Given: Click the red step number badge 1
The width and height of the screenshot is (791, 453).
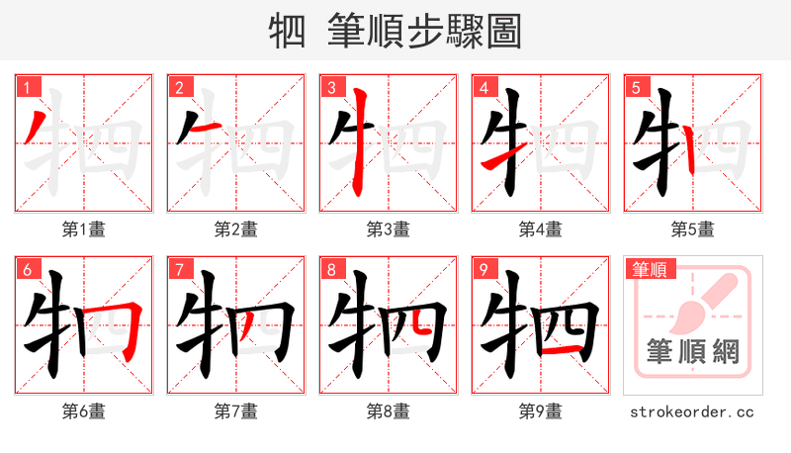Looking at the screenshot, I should (x=26, y=87).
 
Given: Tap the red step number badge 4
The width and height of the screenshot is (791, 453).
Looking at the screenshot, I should (x=483, y=87).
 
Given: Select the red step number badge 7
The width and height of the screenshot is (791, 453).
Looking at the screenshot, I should (x=178, y=269).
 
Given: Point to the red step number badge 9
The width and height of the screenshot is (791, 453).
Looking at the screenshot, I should (x=483, y=269).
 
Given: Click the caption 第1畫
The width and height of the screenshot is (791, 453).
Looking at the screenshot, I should (x=83, y=229).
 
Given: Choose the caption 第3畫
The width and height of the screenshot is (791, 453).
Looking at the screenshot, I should (x=388, y=229).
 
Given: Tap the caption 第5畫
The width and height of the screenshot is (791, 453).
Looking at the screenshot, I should (x=692, y=229).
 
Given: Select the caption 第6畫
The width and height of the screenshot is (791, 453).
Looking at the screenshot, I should (x=83, y=410).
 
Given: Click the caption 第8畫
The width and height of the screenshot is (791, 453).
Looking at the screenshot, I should (x=388, y=410).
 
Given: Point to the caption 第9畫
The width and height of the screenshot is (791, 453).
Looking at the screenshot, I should (x=540, y=410).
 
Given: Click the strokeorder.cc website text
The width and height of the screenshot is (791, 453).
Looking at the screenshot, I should (x=692, y=410).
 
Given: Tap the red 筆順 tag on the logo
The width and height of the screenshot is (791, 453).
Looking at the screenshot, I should (x=649, y=268).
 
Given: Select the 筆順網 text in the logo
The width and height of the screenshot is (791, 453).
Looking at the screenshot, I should (x=692, y=352).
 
